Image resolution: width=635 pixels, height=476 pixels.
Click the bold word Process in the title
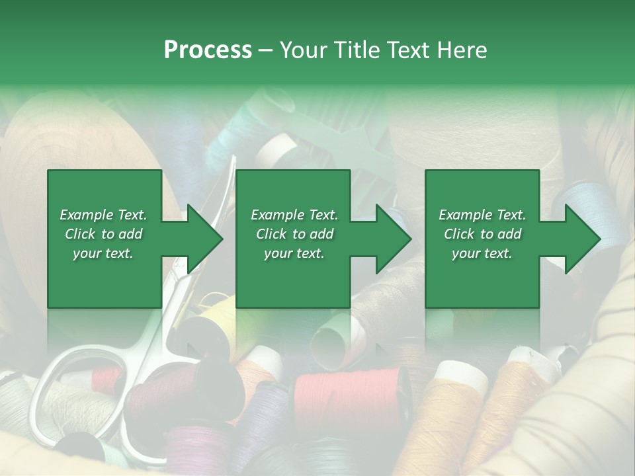point(208,50)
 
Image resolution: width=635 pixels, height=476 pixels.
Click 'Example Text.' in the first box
point(103,215)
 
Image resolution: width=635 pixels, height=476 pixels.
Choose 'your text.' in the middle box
point(294,253)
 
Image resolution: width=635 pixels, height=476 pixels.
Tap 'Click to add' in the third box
point(483,234)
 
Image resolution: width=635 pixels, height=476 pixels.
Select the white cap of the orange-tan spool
point(463,374)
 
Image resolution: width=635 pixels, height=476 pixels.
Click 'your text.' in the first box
point(103,253)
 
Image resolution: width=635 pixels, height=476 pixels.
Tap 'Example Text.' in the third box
point(482,215)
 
